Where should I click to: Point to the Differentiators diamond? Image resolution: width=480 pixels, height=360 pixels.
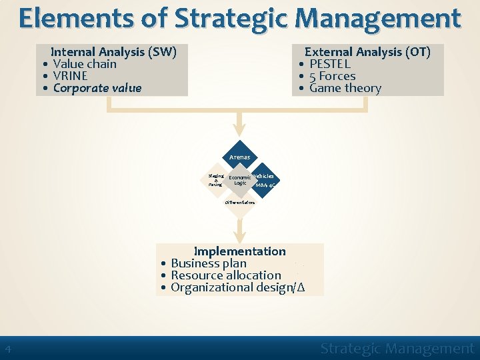point(239,203)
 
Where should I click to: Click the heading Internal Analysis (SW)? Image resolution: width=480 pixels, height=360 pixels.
point(113,52)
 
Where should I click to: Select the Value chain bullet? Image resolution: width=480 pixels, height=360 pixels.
point(84,64)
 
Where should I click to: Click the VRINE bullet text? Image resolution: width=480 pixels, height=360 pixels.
point(70,76)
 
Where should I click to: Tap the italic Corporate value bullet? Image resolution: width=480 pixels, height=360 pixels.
point(97,88)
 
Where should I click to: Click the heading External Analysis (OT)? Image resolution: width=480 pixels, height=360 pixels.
point(367,52)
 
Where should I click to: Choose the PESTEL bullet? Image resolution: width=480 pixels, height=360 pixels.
point(329,64)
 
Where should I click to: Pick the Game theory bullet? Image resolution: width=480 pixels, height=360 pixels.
point(345,88)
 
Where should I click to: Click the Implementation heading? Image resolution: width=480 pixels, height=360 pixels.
point(239,251)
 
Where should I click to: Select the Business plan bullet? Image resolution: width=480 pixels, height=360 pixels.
point(208,263)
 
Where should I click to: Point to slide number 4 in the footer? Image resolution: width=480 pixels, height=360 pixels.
point(7,349)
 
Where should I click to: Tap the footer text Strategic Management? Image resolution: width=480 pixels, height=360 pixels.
point(397,348)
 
